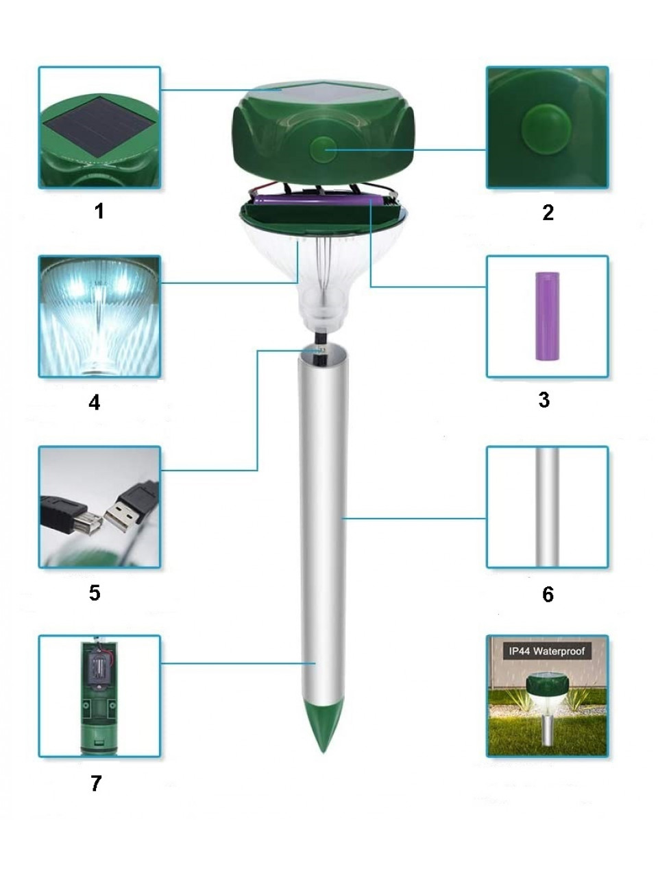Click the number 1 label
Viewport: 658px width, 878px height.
pos(99,211)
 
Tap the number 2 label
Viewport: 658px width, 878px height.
pos(548,212)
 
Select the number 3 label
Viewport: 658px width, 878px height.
pos(544,400)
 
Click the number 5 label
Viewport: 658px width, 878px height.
pos(95,593)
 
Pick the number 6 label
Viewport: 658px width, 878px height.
pos(548,595)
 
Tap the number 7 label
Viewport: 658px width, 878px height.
pos(96,783)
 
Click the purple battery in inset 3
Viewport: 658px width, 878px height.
pos(548,316)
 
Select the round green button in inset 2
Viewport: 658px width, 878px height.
pos(544,127)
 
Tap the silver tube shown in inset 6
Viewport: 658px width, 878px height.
pos(548,507)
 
